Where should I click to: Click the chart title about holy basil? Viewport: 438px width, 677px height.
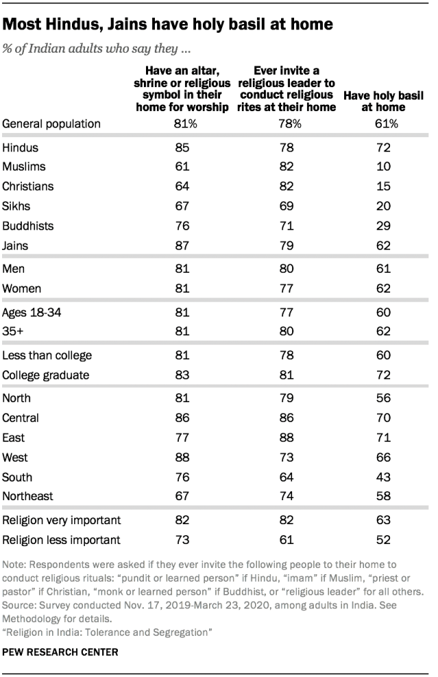point(168,24)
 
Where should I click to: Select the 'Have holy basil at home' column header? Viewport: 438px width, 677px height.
point(384,101)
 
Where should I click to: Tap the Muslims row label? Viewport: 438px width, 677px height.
point(24,167)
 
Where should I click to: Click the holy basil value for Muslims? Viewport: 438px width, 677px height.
point(384,167)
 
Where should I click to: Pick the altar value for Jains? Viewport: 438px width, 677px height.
point(182,246)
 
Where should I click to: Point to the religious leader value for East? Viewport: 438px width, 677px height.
point(287,438)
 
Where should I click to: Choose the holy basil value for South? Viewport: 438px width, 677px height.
point(384,477)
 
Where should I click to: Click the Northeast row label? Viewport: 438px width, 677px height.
point(27,496)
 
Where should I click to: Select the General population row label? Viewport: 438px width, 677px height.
point(51,124)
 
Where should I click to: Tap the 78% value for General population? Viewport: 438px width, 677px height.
point(290,124)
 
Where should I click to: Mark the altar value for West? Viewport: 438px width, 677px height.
point(182,458)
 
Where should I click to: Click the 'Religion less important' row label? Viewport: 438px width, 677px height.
point(61,540)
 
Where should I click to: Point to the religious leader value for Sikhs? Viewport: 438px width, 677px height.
point(287,206)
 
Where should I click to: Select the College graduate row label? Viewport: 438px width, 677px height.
point(46,376)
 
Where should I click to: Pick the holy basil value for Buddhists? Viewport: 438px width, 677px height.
point(384,226)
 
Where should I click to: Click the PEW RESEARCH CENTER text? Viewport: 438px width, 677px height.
point(60,652)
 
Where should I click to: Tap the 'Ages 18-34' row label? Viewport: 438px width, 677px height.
point(32,312)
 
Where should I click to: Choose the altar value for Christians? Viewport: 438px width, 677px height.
point(182,186)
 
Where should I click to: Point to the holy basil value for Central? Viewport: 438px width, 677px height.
point(384,418)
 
